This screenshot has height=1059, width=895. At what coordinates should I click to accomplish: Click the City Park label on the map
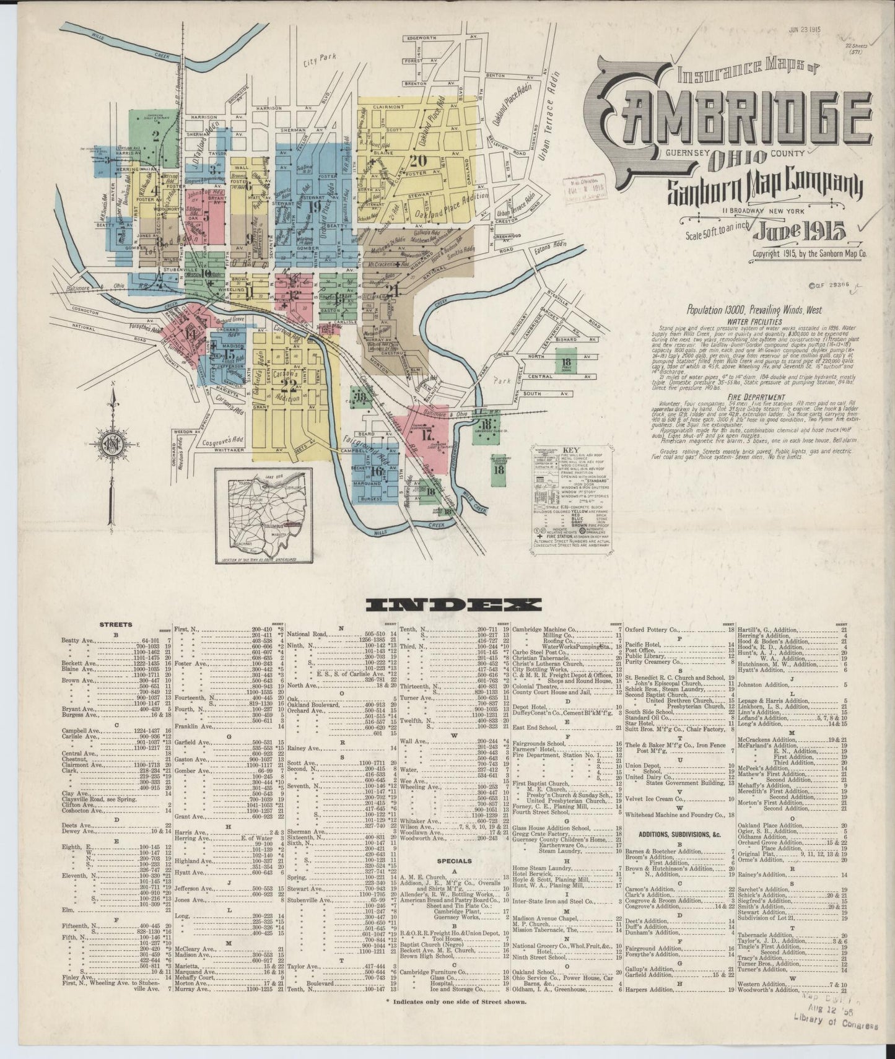319,60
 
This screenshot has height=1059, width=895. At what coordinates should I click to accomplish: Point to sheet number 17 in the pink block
426,434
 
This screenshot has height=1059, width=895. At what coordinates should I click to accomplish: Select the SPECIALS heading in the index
455,860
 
